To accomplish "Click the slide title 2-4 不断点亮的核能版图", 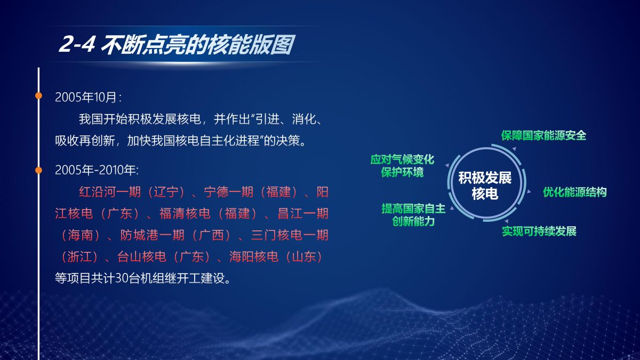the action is point(177,44).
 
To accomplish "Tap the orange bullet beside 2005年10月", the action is point(38,95).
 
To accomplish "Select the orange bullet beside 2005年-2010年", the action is point(38,170).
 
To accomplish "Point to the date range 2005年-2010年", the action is point(97,170).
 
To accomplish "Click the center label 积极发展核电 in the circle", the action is point(485,186).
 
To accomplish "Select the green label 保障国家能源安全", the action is point(543,135).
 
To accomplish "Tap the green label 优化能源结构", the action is point(575,192).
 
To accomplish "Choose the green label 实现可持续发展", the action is point(539,231).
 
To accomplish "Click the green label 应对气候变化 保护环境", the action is point(402,166).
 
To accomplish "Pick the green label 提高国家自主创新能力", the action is point(413,215).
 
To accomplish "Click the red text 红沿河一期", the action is point(110,192).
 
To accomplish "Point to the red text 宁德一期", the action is point(229,192).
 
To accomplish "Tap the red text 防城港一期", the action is point(152,235).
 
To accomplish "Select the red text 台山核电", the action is point(142,257).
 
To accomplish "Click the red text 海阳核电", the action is point(254,257).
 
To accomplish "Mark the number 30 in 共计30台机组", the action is point(122,278).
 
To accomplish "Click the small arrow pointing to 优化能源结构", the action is point(529,191).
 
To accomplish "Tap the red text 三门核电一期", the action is point(290,235).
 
